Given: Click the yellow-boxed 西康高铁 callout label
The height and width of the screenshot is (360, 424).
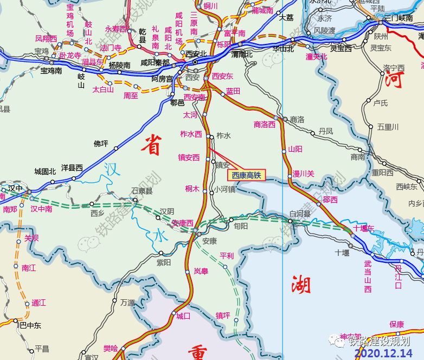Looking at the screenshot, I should tap(247, 175).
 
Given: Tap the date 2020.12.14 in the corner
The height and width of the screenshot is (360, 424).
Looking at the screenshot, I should tap(383, 353).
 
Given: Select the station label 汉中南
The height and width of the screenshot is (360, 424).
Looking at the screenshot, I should tap(41, 209).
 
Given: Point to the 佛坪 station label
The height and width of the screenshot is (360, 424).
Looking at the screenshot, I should tap(101, 144).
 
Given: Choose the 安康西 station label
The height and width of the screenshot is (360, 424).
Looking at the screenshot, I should tap(182, 223).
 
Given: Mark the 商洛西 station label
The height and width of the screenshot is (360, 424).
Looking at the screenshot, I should tap(265, 125).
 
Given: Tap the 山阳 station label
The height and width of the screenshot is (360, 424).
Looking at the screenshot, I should tap(295, 149).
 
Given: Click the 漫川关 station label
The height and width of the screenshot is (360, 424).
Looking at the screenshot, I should tap(303, 173).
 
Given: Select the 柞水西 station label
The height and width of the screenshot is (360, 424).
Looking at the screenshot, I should tap(191, 134).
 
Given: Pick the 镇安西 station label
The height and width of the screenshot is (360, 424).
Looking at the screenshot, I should tap(189, 158).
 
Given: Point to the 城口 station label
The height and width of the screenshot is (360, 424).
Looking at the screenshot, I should tap(183, 316).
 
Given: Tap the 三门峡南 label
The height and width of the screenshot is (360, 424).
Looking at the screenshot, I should tap(399, 18).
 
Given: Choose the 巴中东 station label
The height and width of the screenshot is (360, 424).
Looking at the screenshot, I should tap(30, 325).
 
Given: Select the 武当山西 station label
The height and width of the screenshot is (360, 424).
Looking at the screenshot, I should tap(368, 277).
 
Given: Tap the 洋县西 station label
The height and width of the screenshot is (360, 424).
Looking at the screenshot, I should tap(72, 168).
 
